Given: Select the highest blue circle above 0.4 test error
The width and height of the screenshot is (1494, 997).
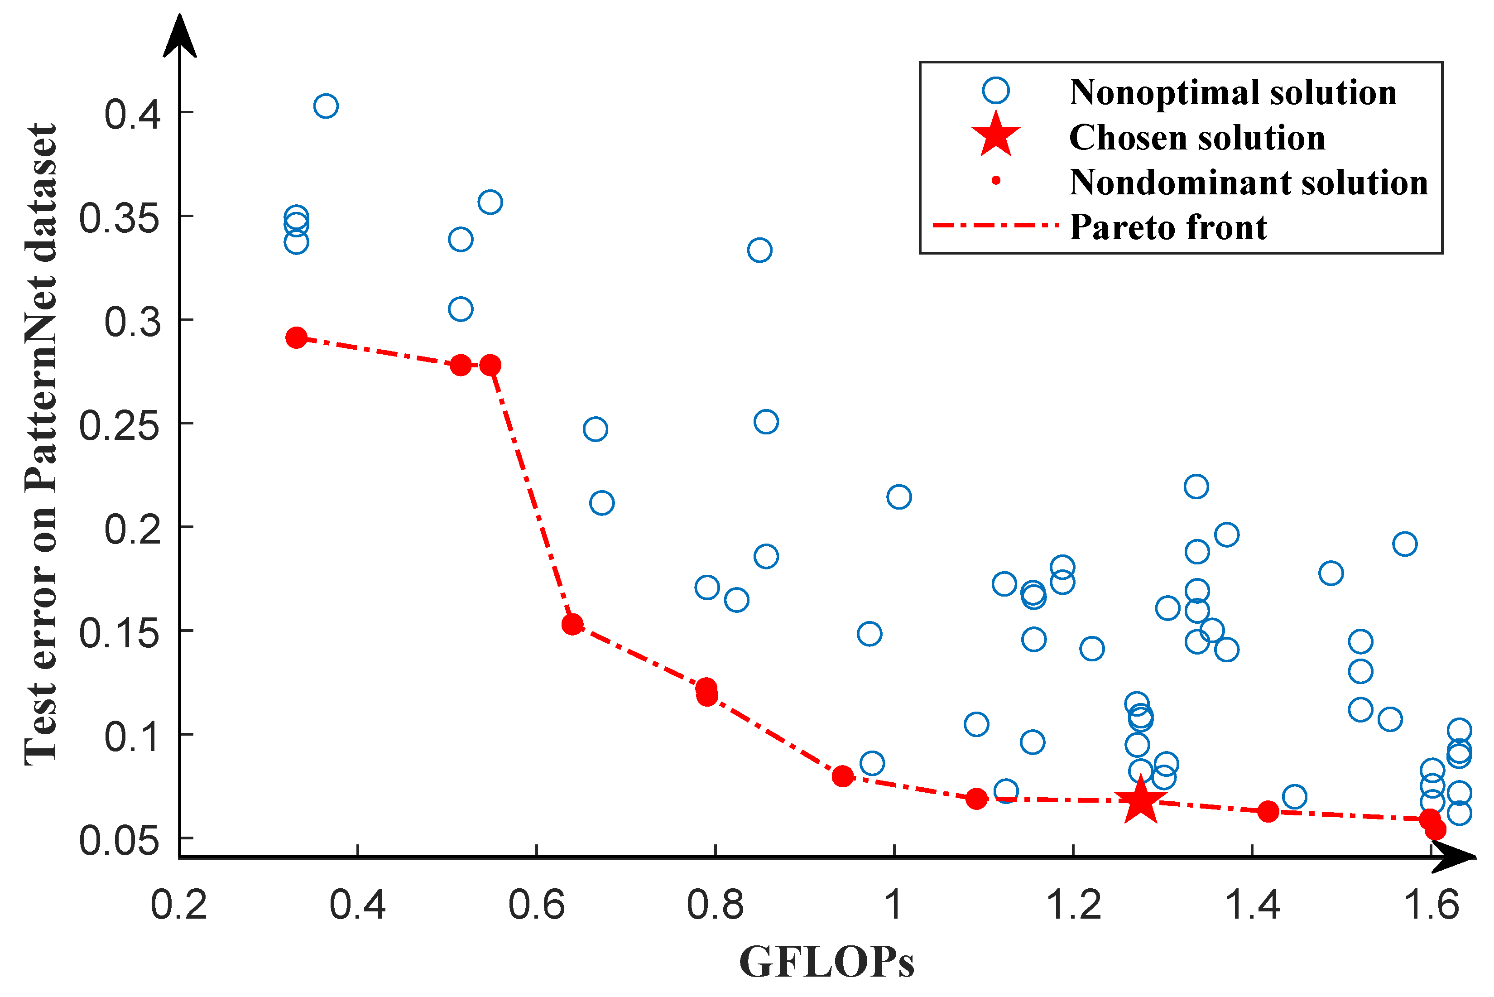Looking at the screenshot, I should (x=326, y=106).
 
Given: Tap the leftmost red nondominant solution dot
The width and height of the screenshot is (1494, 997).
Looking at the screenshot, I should (x=296, y=337).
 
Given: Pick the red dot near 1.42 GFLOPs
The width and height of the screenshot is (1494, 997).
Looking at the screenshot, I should (x=1268, y=811).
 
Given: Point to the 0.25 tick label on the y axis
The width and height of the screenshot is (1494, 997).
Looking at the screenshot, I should (x=119, y=425).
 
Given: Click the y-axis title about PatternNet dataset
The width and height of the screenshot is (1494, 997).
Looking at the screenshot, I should (x=41, y=445).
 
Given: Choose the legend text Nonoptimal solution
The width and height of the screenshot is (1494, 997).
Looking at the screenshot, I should (x=1233, y=92).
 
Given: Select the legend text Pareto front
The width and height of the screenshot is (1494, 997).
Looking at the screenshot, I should (x=1168, y=227).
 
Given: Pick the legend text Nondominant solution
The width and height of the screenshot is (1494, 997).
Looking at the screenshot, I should (x=1248, y=183).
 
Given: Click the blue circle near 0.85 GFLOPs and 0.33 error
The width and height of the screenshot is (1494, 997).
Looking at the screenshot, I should (x=760, y=250).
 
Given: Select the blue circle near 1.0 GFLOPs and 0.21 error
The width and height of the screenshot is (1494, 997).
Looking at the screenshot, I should (x=898, y=496).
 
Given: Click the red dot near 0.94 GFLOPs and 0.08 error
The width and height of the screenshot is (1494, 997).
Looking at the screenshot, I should (x=842, y=776).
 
